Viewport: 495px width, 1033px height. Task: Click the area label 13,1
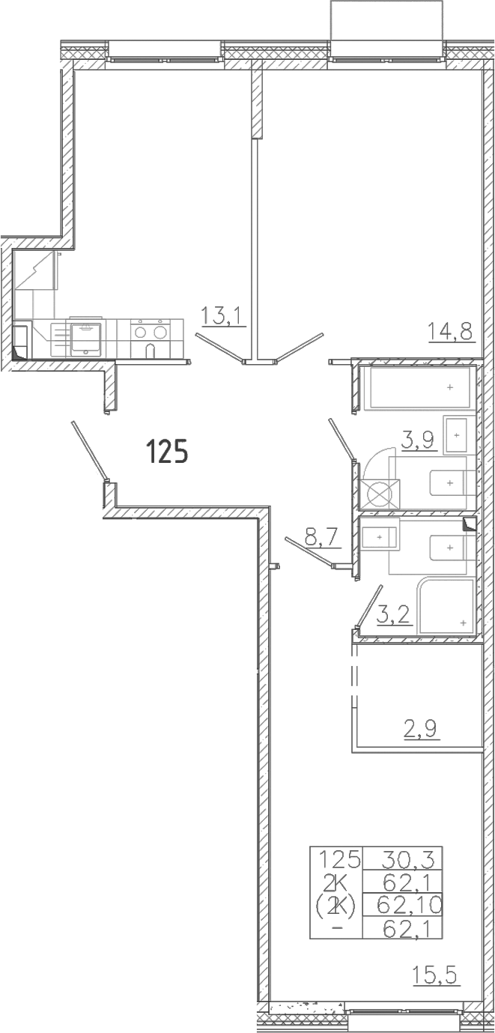(x=223, y=317)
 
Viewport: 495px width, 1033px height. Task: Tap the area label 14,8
(x=452, y=331)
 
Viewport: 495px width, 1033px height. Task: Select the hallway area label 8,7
(x=322, y=538)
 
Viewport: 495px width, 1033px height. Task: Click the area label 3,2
(x=394, y=615)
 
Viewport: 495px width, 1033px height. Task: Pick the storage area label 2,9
(x=422, y=730)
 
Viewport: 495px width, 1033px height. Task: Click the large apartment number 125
(x=167, y=450)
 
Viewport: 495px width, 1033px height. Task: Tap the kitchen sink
(x=85, y=339)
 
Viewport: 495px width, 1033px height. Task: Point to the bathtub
(x=418, y=388)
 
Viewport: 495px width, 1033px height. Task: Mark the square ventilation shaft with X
(x=380, y=495)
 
